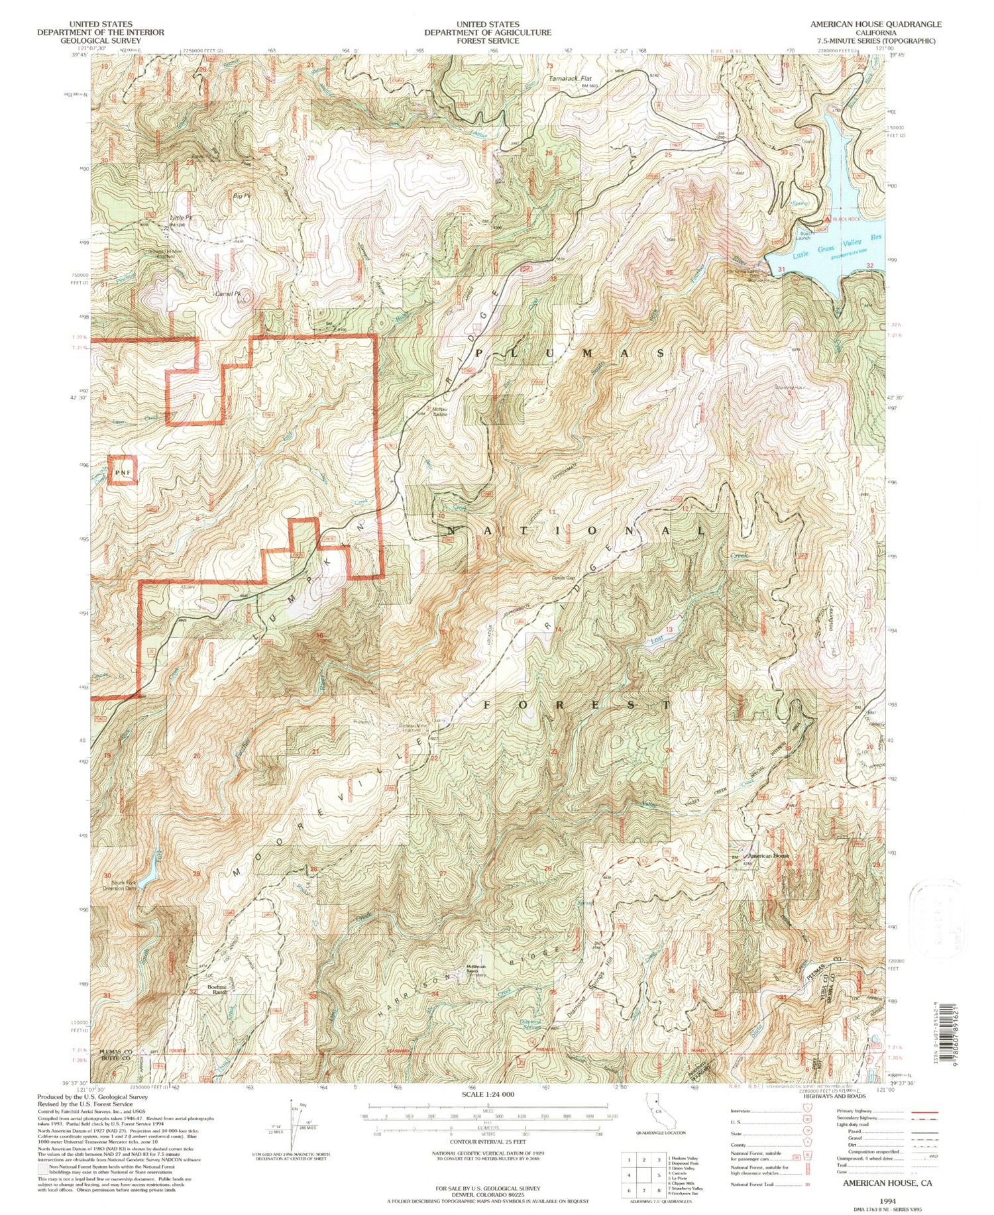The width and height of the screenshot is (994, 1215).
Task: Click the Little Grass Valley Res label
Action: click(833, 254)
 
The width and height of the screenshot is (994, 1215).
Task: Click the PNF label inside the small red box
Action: click(123, 472)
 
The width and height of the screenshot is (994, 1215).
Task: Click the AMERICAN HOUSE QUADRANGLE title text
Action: click(875, 24)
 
